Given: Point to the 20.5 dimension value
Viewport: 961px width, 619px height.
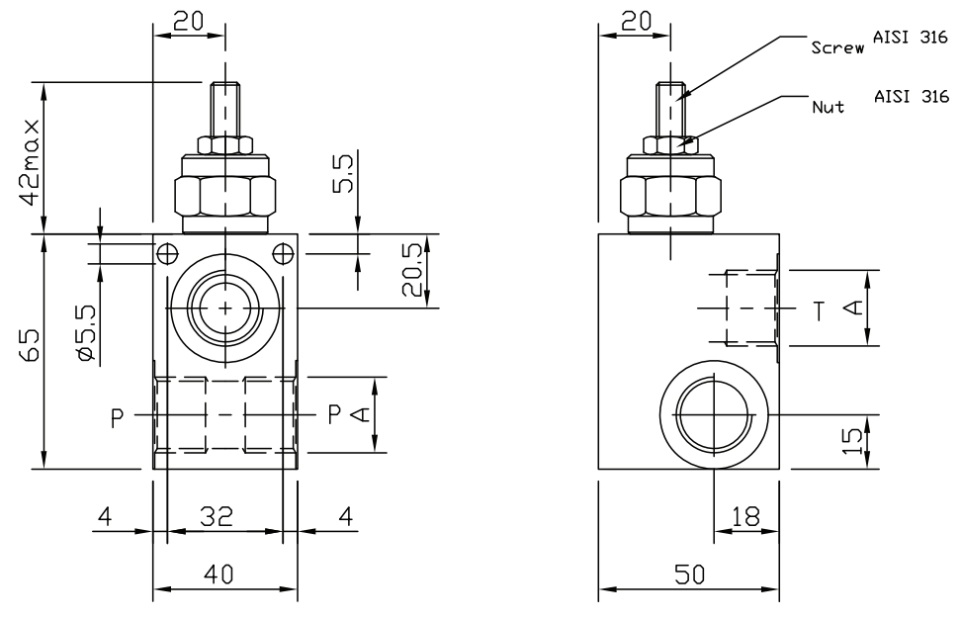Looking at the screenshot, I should [411, 273].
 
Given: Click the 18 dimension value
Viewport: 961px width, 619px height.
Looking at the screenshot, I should [745, 515].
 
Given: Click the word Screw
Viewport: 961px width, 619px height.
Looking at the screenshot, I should [836, 46].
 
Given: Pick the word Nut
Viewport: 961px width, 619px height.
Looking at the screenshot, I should [828, 106].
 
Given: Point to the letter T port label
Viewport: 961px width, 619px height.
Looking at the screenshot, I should [820, 310].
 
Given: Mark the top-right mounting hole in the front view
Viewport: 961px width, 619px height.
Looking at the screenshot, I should [282, 252].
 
